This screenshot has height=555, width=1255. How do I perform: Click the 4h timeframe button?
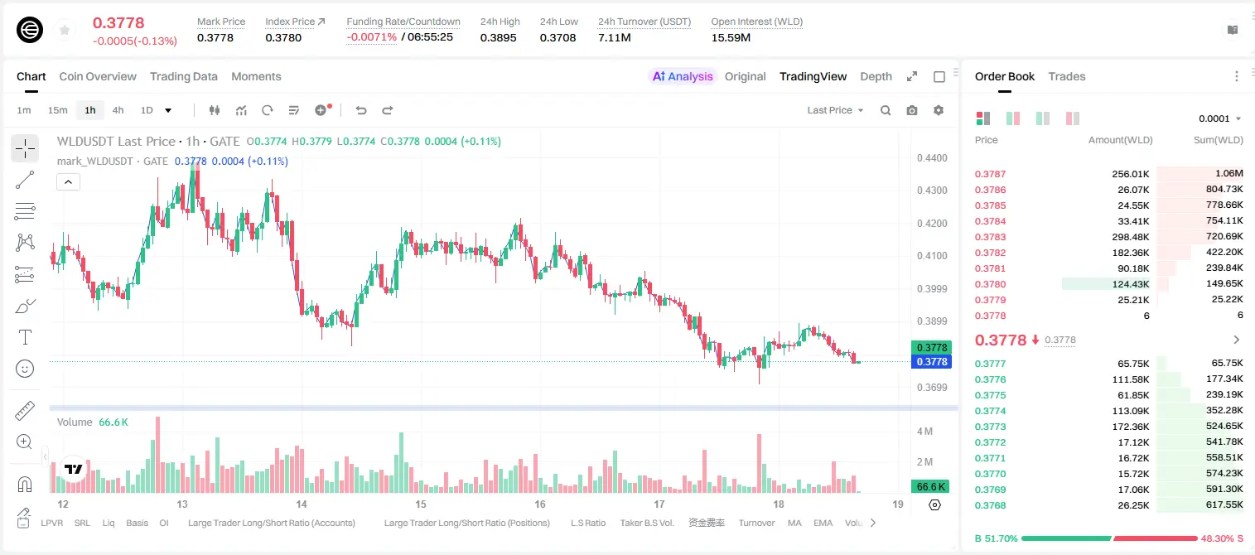[x=118, y=110]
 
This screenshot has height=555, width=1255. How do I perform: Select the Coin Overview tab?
[x=98, y=76]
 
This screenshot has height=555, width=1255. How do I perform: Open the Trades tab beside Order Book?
[x=1067, y=76]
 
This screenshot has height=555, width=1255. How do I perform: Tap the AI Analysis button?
[x=683, y=76]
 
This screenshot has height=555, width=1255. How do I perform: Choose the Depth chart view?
[x=876, y=76]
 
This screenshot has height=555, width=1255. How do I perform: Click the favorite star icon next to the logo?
[x=65, y=30]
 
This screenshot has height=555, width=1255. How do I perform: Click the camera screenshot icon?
[x=912, y=110]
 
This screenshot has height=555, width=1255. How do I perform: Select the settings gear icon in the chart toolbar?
[x=939, y=110]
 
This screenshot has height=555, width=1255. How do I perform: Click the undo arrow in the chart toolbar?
[x=361, y=110]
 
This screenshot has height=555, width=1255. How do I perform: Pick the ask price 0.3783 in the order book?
[x=990, y=237]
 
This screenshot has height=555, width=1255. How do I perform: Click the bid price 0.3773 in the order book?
[x=990, y=427]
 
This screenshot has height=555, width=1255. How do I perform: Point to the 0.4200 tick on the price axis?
[x=932, y=224]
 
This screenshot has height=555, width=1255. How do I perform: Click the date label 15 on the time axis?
[x=421, y=504]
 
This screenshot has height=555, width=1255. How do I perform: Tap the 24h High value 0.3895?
[x=498, y=37]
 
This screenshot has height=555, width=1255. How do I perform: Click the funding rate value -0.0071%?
[x=371, y=37]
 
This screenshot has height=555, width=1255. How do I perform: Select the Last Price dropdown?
[x=835, y=110]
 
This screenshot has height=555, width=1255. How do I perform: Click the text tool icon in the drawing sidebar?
[x=25, y=337]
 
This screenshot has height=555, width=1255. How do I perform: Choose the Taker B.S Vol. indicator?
[x=646, y=523]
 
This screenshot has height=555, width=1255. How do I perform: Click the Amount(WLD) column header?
[x=1120, y=140]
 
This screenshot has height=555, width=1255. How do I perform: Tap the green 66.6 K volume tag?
[x=930, y=487]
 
